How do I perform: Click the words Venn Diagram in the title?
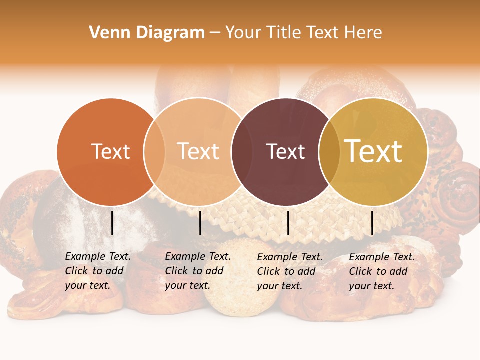click(147, 33)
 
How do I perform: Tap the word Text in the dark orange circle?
click(110, 151)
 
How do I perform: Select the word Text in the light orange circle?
click(198, 151)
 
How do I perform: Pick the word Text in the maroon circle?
click(285, 151)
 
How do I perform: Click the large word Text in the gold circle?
click(373, 151)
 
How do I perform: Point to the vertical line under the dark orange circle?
click(112, 223)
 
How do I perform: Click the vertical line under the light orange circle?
click(200, 223)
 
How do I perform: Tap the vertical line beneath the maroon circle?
click(288, 223)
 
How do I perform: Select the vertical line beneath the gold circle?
click(372, 223)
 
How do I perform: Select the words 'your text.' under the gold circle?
click(371, 286)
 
